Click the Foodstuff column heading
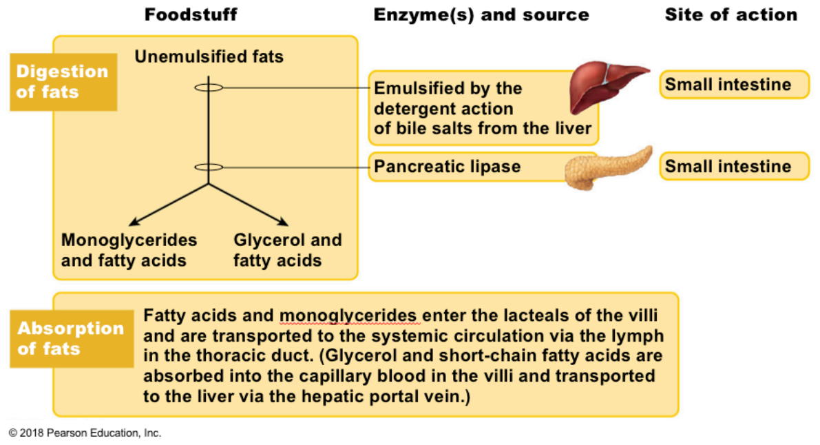coord(190,14)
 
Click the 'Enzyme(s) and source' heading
coord(481,15)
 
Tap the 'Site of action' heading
coord(731,14)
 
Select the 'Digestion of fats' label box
coord(63,82)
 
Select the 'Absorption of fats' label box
coord(72,338)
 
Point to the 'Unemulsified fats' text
coord(209,56)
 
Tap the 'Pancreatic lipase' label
coord(447,167)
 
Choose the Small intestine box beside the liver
coord(734,85)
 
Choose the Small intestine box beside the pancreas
coord(734,167)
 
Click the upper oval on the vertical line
coord(209,83)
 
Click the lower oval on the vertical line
coord(209,163)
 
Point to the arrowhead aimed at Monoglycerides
coord(134,222)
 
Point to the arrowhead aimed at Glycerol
coord(284,222)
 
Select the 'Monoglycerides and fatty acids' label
coord(129,250)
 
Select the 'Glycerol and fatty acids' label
coord(288,250)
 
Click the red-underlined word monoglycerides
coord(348,316)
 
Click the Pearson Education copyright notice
coord(85,433)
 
